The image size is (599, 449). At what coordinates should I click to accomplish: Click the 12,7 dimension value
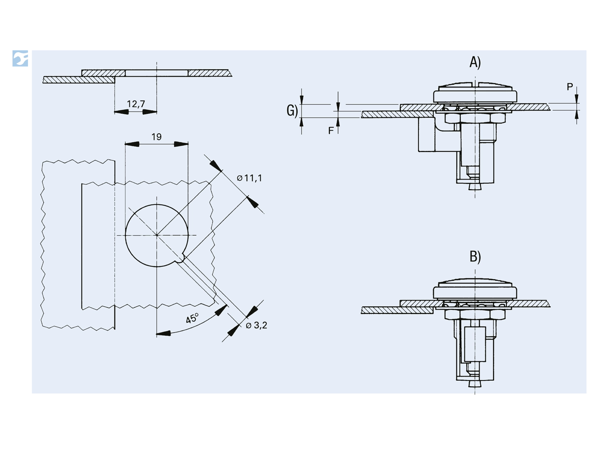point(136,104)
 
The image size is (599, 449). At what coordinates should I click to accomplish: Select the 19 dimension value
point(156,137)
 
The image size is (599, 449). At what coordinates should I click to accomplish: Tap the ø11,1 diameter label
point(250,178)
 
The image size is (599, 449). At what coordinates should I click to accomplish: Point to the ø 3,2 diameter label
point(256,325)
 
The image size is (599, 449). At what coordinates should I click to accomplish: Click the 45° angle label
point(193,318)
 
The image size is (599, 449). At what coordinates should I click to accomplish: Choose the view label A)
point(475,62)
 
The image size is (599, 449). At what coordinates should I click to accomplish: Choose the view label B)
point(475,257)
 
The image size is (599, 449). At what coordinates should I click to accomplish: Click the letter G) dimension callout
point(292,111)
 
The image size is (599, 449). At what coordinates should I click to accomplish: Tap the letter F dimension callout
point(331,131)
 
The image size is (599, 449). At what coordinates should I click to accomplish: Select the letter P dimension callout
point(570,87)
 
